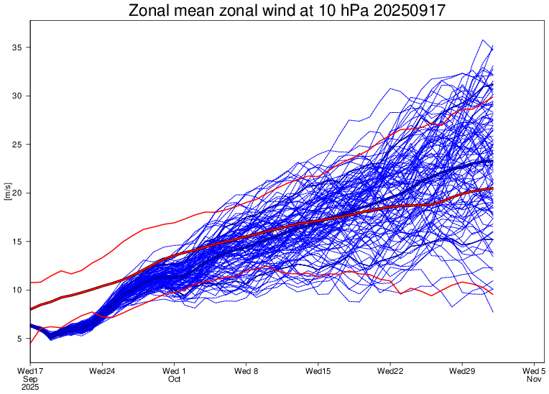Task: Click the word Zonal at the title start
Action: click(149, 11)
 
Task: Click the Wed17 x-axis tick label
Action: click(29, 371)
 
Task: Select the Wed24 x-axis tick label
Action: click(102, 371)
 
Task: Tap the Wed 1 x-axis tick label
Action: click(174, 371)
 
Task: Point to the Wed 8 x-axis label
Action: click(246, 371)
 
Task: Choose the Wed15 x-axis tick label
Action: click(318, 371)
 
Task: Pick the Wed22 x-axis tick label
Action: click(389, 371)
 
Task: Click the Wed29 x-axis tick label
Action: click(461, 371)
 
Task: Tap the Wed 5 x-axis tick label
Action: click(533, 371)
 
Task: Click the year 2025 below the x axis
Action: click(29, 387)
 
